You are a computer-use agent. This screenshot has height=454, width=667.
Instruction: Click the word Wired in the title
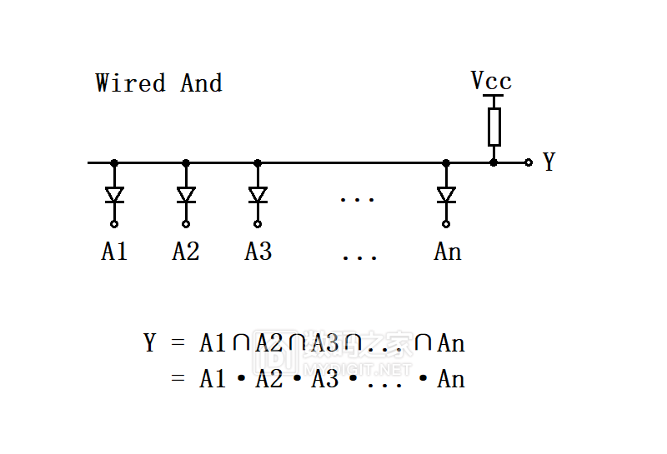[x=130, y=83]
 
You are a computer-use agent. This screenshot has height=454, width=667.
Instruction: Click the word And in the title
[x=201, y=83]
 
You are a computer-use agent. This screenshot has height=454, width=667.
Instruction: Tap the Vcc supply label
[x=491, y=81]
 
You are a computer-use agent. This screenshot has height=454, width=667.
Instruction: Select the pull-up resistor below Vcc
[x=494, y=126]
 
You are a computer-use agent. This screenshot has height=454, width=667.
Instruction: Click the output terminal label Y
[x=549, y=162]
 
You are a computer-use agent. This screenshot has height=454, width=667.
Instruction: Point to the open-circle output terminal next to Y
[x=529, y=162]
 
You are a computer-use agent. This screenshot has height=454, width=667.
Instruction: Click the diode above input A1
[x=114, y=195]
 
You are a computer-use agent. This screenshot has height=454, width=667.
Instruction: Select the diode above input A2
[x=186, y=195]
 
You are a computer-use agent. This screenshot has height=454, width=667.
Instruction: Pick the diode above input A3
[x=258, y=195]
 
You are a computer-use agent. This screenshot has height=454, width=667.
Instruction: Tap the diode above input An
[x=446, y=195]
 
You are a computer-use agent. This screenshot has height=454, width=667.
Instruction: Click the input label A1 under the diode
[x=114, y=252]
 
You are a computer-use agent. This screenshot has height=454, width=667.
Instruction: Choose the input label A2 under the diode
[x=186, y=252]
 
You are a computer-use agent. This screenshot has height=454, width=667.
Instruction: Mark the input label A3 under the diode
[x=258, y=252]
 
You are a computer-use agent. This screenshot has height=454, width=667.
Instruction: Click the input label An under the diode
[x=448, y=252]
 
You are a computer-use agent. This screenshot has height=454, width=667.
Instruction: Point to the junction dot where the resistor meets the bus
[x=494, y=162]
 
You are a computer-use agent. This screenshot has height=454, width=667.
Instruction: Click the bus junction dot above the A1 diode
[x=114, y=162]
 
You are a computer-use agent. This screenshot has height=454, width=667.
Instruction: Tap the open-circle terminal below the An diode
[x=446, y=224]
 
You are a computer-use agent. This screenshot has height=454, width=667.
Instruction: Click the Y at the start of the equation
[x=150, y=342]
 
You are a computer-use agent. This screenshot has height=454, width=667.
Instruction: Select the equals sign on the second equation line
[x=177, y=380]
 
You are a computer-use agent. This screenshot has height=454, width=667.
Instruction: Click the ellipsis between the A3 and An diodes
[x=358, y=199]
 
